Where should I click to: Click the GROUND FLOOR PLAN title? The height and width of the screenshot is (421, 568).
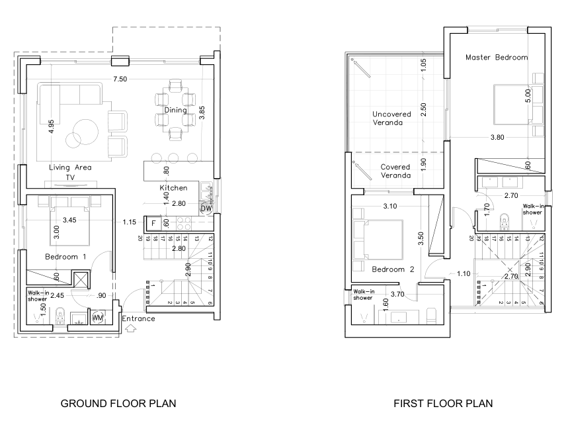[x=118, y=402]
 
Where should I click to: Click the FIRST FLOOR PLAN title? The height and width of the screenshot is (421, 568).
[x=443, y=402]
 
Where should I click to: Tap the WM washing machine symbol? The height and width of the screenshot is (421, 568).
[x=99, y=318]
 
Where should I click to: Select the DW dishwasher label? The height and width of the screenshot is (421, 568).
[x=206, y=208]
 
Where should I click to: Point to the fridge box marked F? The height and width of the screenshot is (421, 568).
[x=153, y=223]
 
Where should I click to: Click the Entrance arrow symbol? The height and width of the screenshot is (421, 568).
[x=129, y=329]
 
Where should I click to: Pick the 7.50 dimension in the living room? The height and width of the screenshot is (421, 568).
[x=120, y=79]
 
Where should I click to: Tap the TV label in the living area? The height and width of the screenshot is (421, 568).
[x=69, y=177]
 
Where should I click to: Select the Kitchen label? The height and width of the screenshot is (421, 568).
[x=173, y=188]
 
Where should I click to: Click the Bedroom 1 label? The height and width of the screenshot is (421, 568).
[x=65, y=256]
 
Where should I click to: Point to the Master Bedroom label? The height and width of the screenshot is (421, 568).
[x=497, y=58]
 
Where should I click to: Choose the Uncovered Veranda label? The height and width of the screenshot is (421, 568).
[x=391, y=118]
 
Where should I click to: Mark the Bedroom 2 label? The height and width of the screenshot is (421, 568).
[x=393, y=269]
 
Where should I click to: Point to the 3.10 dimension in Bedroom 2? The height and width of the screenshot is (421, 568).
[x=391, y=207]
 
